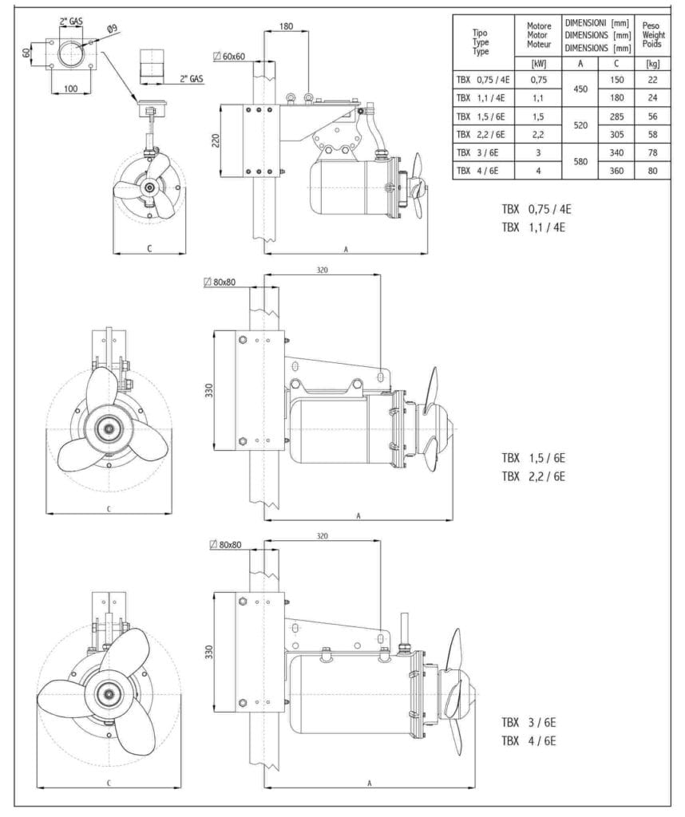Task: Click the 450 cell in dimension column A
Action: (580, 89)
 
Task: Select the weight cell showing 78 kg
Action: (653, 152)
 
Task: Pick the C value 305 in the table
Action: (616, 134)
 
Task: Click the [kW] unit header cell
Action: (538, 64)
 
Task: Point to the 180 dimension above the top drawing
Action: (286, 26)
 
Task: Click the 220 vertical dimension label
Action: (216, 140)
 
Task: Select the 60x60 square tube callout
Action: (229, 57)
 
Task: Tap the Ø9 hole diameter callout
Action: (112, 30)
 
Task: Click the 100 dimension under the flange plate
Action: (71, 88)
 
